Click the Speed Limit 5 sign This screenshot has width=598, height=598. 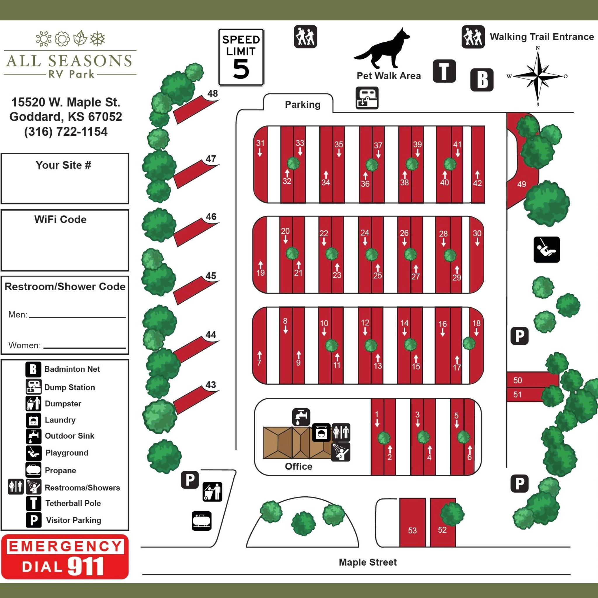tap(241, 57)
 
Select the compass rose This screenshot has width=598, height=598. tap(538, 76)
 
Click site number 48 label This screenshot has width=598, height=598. tap(212, 93)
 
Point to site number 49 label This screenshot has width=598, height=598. tap(521, 184)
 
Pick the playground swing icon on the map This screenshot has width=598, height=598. tap(547, 249)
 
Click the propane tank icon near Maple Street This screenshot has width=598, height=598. tap(201, 521)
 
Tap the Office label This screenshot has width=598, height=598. tap(298, 466)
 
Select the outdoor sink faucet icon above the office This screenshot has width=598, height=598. tap(301, 417)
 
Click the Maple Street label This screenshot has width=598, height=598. tap(367, 562)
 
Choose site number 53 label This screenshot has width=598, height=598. tap(412, 530)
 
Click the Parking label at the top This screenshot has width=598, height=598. tap(303, 105)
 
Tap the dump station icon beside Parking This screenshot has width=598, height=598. tap(367, 98)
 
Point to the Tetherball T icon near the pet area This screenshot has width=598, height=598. tap(444, 71)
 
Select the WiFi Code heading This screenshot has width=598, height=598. tap(60, 220)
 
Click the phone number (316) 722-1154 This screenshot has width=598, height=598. tap(66, 132)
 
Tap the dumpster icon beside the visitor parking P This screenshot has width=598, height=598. tap(212, 491)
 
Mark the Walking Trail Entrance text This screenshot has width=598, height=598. tap(542, 37)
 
